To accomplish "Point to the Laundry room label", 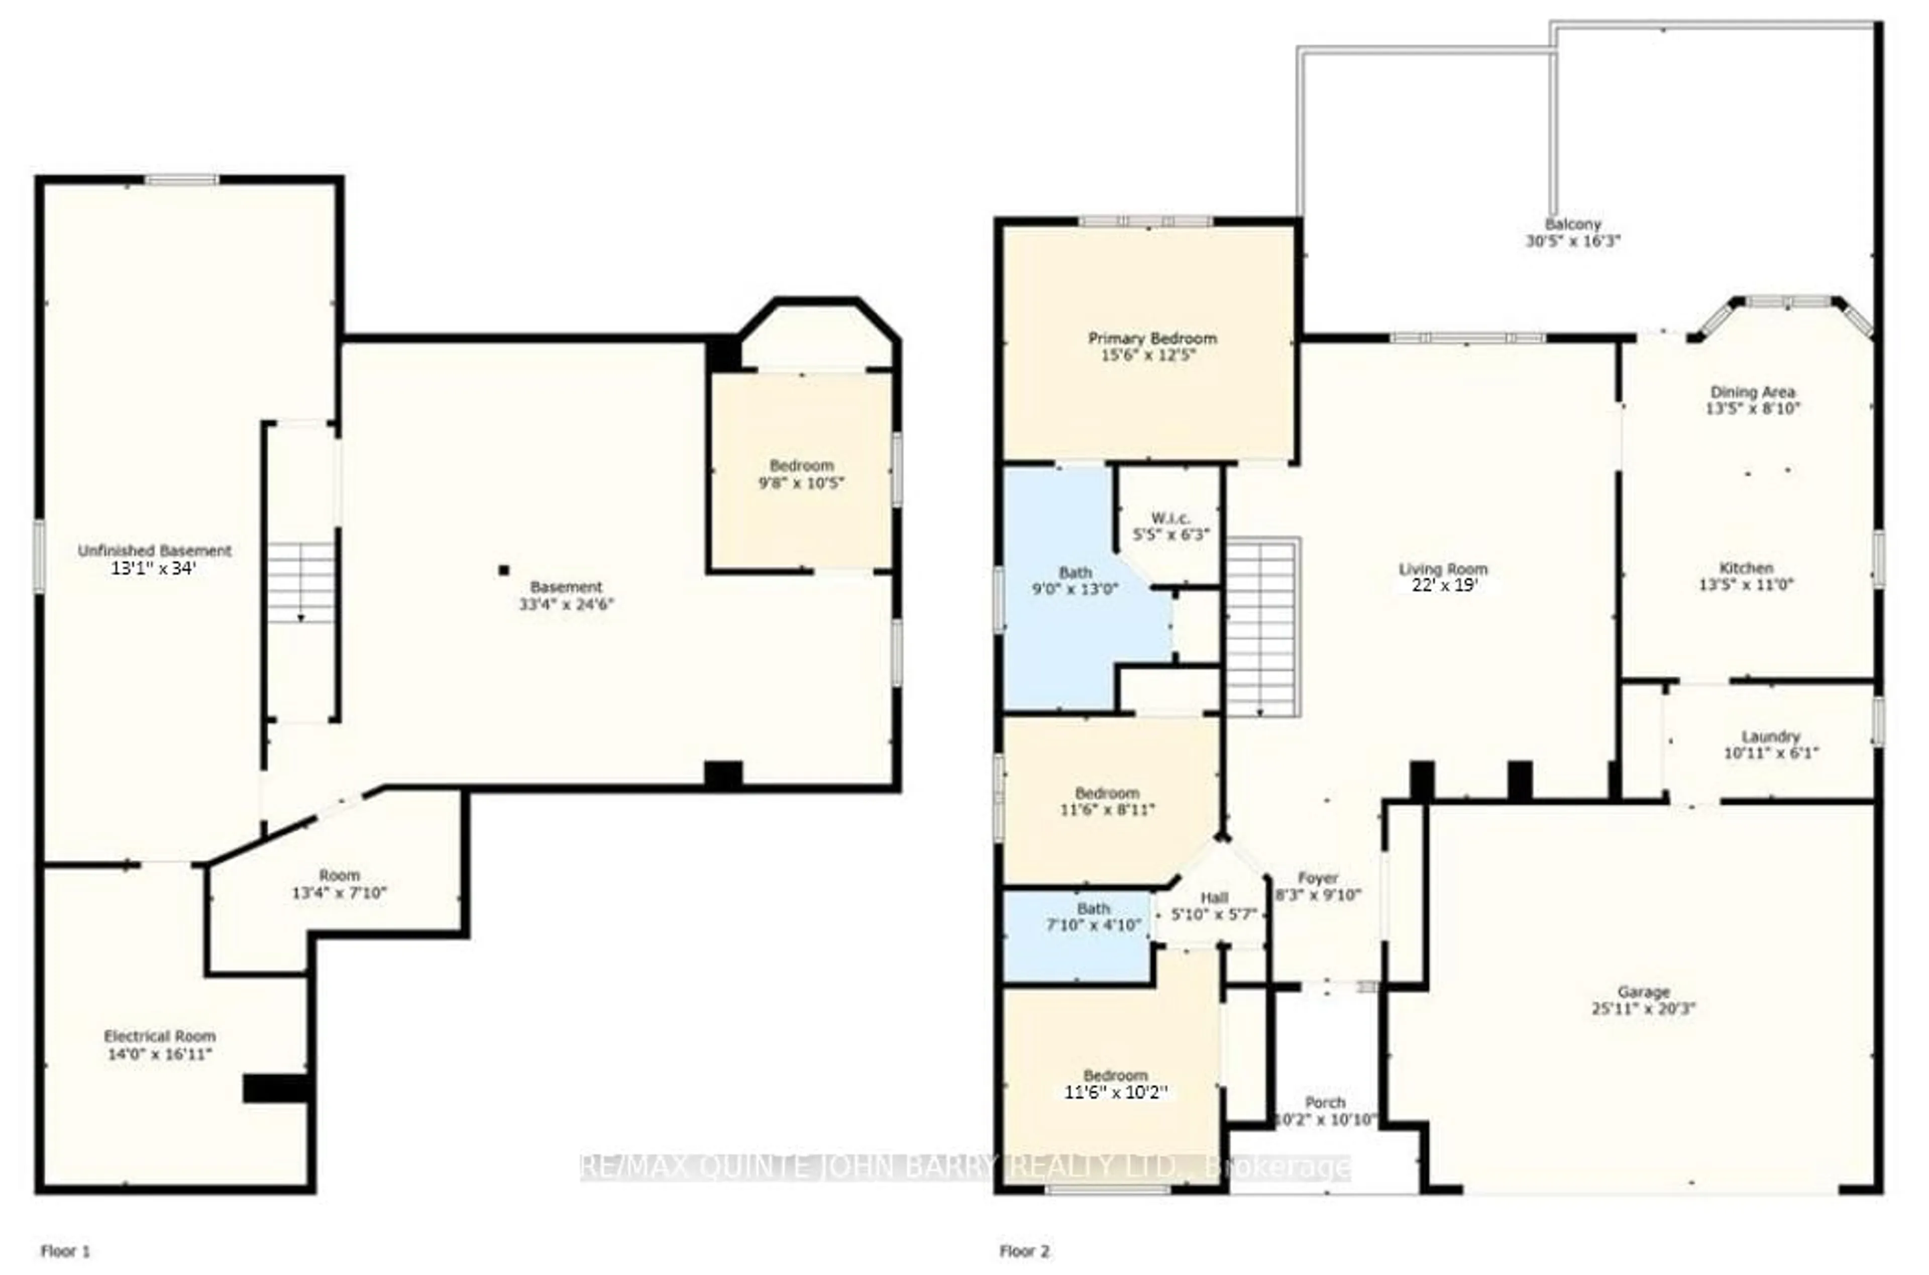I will tap(1771, 736).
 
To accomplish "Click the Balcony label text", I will tap(1573, 224).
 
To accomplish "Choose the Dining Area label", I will tap(1753, 392).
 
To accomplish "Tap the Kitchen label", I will tap(1746, 568).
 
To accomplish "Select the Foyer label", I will tap(1318, 878).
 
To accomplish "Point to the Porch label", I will tap(1325, 1103).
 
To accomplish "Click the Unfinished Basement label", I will tap(154, 551).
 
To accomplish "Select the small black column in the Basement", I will tap(504, 570).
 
